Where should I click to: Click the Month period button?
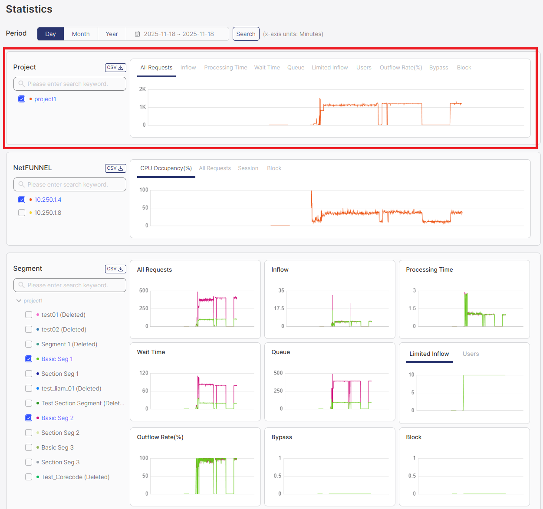click(x=81, y=34)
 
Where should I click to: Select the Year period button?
click(x=112, y=34)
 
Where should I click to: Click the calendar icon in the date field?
click(x=137, y=34)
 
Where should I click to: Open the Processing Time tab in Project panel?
click(x=225, y=68)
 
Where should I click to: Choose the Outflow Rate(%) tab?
click(x=401, y=68)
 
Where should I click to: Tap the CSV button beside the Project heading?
click(x=115, y=68)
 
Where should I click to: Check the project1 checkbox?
click(x=22, y=99)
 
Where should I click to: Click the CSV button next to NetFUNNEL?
click(x=115, y=168)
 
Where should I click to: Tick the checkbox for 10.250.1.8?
click(x=22, y=213)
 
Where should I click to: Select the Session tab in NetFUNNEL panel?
click(x=248, y=168)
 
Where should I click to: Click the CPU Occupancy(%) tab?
click(x=166, y=168)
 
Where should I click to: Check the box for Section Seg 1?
click(x=29, y=374)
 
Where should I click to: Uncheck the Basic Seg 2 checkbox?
click(x=29, y=418)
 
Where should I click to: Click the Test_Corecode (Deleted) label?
click(x=75, y=477)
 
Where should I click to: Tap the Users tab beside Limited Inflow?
click(x=471, y=354)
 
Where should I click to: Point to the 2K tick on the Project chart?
click(x=142, y=89)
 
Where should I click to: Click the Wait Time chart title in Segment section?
click(x=151, y=352)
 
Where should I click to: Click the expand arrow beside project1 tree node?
click(x=19, y=301)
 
